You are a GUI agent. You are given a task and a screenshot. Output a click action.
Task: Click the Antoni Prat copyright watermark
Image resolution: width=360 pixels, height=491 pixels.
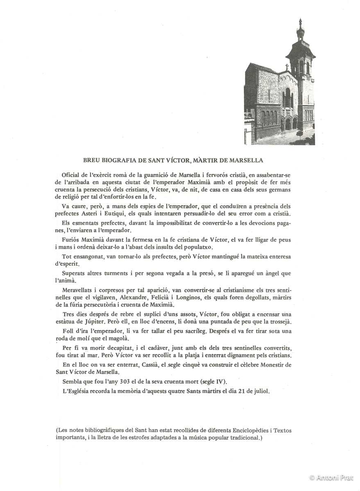332,477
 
